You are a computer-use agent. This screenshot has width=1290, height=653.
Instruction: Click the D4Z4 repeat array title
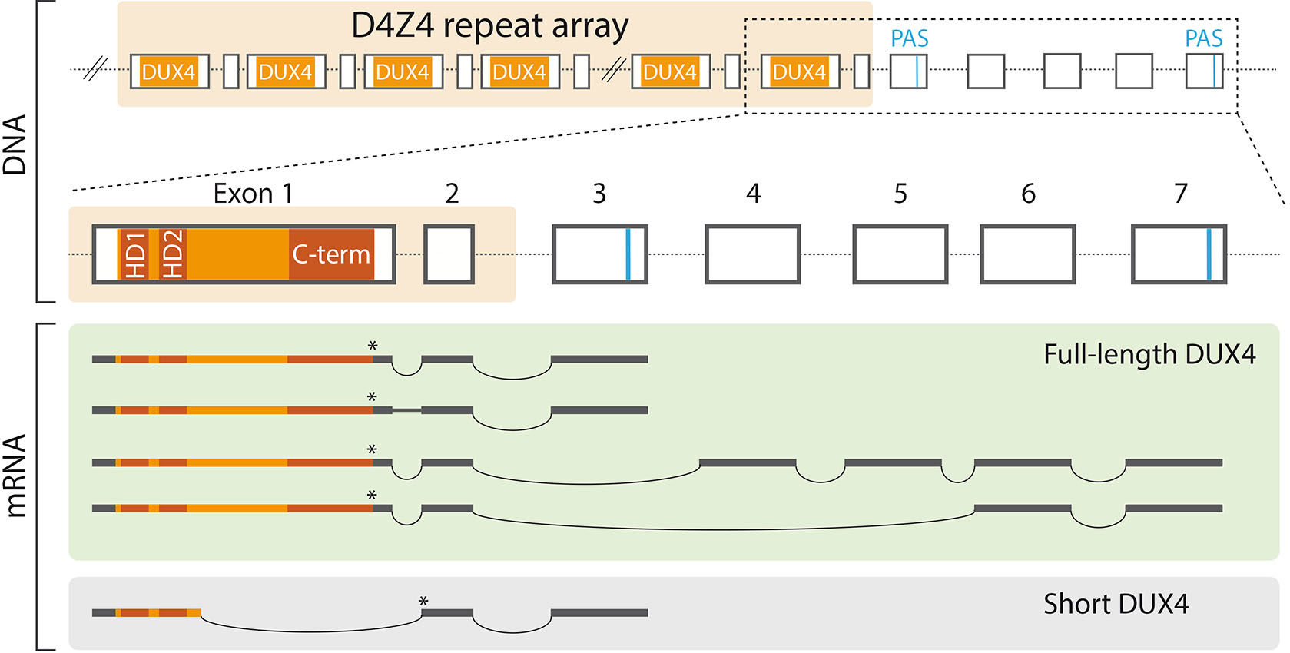(489, 26)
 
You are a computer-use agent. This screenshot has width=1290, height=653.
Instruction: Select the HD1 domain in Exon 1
(134, 254)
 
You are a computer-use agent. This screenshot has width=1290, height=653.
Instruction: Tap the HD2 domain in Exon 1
(172, 254)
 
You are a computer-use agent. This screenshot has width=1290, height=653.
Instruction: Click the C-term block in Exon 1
(331, 254)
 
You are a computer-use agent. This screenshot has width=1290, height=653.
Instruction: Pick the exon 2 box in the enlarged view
(449, 254)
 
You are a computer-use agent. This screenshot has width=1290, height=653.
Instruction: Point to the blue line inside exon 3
(628, 254)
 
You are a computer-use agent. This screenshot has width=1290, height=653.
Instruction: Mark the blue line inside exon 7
(1209, 254)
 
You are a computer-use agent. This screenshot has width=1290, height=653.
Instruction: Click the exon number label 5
(900, 194)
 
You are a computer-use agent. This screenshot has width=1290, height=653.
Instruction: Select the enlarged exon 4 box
(753, 254)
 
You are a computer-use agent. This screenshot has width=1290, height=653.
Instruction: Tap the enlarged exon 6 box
(1027, 254)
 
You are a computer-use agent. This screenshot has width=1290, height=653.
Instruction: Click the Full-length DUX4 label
(1149, 355)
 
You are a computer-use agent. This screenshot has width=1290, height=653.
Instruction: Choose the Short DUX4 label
(1116, 605)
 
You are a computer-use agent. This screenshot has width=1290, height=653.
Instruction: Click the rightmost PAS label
(1203, 38)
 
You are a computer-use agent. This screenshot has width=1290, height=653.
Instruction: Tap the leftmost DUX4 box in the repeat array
(169, 72)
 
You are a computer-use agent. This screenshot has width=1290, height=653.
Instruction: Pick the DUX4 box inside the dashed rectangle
(799, 72)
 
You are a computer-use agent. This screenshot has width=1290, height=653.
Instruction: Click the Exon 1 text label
(253, 194)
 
